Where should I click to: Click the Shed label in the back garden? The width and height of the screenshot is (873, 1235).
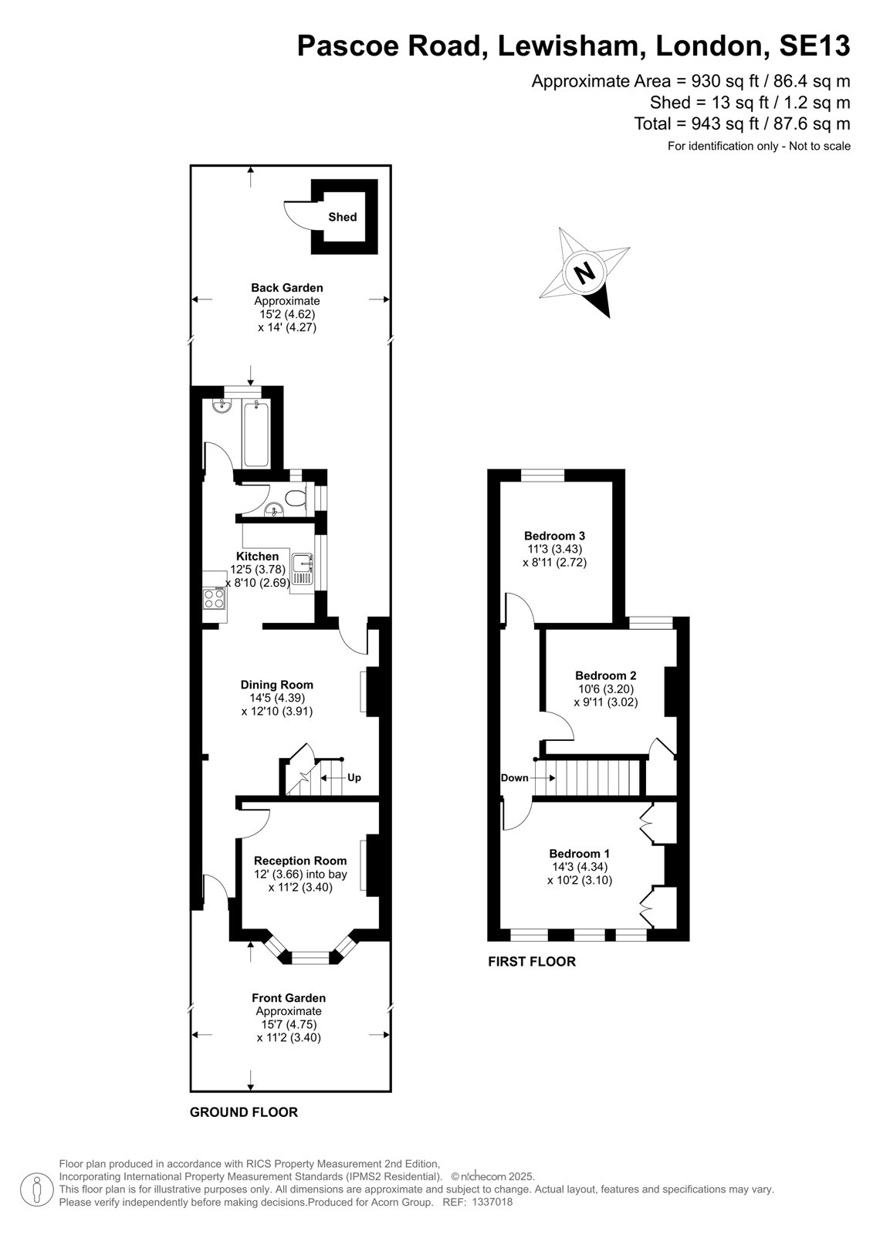coord(342,217)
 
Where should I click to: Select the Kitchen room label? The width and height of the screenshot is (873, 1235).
coord(257,557)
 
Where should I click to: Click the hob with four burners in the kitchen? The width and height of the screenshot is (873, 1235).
coord(214,598)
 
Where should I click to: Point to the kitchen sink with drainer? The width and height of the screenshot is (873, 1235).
coord(303,570)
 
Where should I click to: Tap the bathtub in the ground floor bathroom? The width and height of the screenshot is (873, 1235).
coord(256,435)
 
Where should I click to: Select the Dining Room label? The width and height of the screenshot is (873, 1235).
coord(277,685)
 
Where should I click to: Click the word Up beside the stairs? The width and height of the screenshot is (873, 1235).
coord(354,777)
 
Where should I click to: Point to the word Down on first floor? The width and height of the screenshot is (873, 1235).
coord(515,778)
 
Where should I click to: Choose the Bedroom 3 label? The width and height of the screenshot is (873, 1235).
coord(554,536)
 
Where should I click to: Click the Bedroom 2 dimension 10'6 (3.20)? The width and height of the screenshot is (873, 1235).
coord(605,689)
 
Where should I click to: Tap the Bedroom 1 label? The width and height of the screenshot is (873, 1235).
coord(579,854)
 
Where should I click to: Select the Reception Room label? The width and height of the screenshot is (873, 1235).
coord(300,861)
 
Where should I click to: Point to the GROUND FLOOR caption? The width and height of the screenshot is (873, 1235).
coord(244,1112)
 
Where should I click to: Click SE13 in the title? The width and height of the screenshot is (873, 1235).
coord(814,46)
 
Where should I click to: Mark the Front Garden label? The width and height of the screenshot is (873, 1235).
coord(289,998)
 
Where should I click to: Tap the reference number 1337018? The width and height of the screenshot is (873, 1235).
coord(492,1202)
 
